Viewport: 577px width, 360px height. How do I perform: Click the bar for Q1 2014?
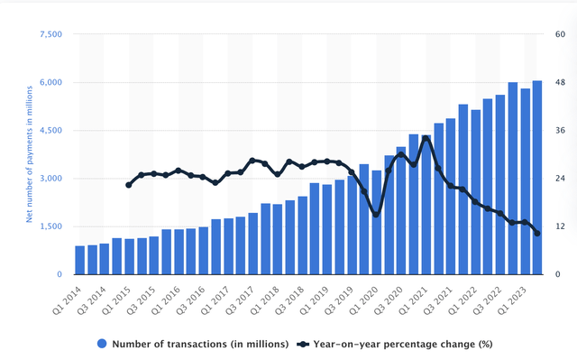80,260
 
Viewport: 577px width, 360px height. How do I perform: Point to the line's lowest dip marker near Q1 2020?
376,215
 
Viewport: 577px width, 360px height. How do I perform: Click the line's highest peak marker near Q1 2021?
426,138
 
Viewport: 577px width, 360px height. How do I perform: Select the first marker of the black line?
129,185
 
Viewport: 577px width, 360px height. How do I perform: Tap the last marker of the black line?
537,234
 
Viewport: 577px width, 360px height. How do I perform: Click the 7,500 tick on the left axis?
49,34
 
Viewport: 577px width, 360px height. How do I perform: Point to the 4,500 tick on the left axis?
49,131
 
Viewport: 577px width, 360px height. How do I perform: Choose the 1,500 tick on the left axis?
49,226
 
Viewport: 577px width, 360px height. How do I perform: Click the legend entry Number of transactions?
193,344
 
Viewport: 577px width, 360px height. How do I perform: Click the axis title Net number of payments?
30,153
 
